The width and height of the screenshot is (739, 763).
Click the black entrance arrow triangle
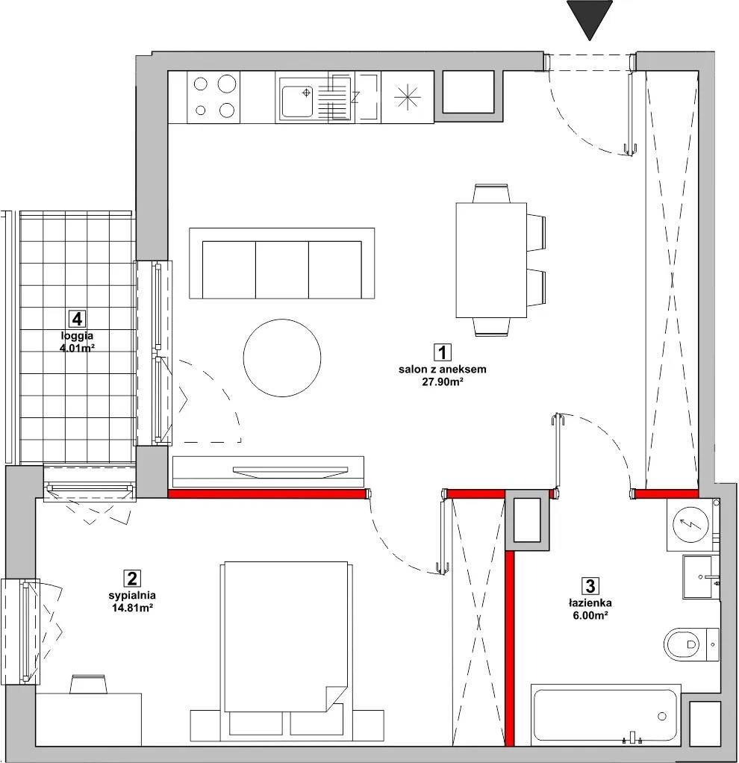click(x=590, y=17)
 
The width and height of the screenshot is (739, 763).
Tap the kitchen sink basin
click(x=297, y=102)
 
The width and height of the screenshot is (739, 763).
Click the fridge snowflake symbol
click(x=408, y=97)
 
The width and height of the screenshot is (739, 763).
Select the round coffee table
click(x=282, y=358)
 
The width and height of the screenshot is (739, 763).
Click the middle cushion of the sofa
click(x=282, y=270)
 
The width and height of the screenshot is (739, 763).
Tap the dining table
click(x=491, y=261)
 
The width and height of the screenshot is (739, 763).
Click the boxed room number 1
click(x=442, y=352)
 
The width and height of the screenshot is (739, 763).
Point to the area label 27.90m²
click(x=442, y=382)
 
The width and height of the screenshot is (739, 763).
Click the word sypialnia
click(x=132, y=595)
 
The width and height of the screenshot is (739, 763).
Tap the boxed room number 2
click(x=132, y=579)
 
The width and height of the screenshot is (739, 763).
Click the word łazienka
click(x=590, y=603)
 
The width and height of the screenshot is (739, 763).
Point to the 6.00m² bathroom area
click(x=590, y=616)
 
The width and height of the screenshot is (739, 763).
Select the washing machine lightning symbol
click(x=690, y=524)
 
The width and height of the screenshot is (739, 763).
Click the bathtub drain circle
click(x=661, y=716)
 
